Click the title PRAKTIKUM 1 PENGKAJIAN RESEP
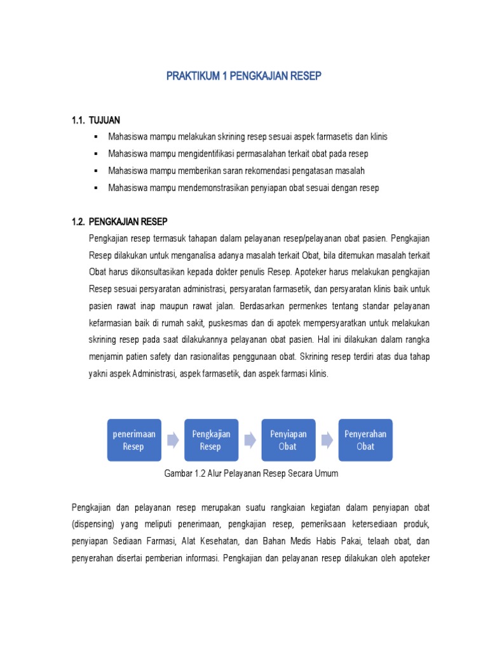(244, 76)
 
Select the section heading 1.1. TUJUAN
(96, 120)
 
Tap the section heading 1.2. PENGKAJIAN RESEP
(119, 222)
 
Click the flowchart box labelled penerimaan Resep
(133, 440)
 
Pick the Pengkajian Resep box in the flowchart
(211, 440)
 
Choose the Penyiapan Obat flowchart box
(288, 440)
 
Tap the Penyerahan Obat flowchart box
(365, 440)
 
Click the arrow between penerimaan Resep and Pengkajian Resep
(172, 440)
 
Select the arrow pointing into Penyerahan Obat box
(327, 440)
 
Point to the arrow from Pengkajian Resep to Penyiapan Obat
(250, 440)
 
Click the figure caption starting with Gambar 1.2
(251, 474)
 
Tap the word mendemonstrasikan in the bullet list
(208, 189)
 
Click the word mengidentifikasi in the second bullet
(207, 154)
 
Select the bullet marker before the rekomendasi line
(95, 171)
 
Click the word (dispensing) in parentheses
(95, 524)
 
